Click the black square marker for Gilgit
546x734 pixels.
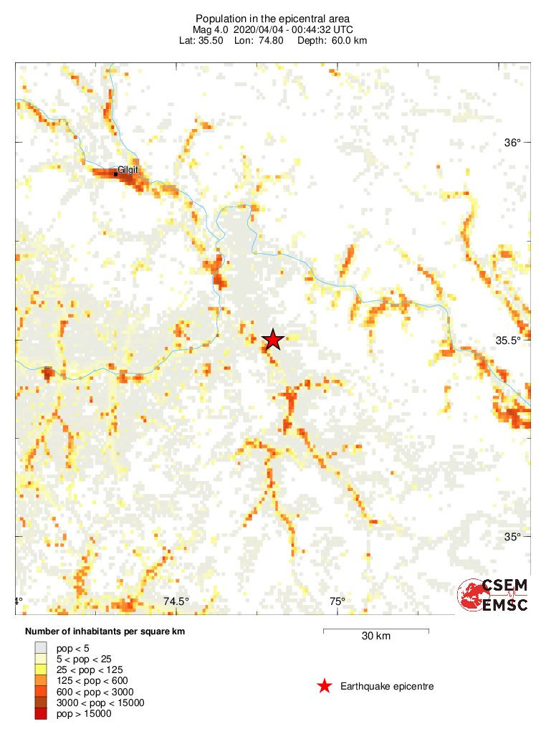point(116,173)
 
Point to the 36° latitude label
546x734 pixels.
point(512,142)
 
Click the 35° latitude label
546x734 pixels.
point(512,537)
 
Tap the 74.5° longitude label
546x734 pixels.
point(176,601)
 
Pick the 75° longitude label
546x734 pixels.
point(337,601)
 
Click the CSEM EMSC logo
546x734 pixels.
point(493,596)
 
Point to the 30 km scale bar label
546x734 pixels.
point(375,636)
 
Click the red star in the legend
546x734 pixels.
point(325,686)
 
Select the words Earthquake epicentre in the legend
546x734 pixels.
point(387,687)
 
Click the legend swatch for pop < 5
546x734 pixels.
point(41,647)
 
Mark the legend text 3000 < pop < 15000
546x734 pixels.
point(100,702)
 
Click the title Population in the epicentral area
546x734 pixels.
point(273,18)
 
